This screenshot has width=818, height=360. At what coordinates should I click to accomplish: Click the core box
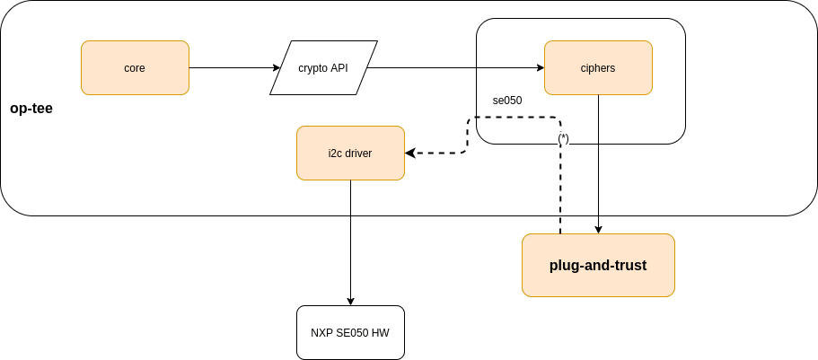pyautogui.click(x=135, y=67)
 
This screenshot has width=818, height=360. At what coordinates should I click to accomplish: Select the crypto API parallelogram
pyautogui.click(x=323, y=67)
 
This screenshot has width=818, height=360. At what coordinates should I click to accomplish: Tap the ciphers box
pyautogui.click(x=598, y=67)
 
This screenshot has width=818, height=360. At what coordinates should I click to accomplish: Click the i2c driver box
pyautogui.click(x=350, y=154)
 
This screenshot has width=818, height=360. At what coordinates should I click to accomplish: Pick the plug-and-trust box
pyautogui.click(x=598, y=266)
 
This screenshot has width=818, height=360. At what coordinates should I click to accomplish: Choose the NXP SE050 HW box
pyautogui.click(x=350, y=332)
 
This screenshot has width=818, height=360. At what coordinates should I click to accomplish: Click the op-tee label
pyautogui.click(x=31, y=109)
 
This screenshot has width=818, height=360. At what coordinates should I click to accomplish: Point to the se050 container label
pyautogui.click(x=507, y=101)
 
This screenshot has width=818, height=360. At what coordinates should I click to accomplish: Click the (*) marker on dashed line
pyautogui.click(x=563, y=138)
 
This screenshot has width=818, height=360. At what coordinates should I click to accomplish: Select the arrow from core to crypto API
pyautogui.click(x=233, y=67)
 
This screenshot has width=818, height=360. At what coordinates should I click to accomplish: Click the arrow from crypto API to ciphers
pyautogui.click(x=453, y=67)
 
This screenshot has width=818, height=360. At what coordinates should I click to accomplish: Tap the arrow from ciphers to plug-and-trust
pyautogui.click(x=599, y=162)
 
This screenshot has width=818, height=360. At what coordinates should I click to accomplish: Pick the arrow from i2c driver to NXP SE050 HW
pyautogui.click(x=350, y=242)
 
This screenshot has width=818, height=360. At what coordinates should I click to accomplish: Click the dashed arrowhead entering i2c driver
pyautogui.click(x=410, y=154)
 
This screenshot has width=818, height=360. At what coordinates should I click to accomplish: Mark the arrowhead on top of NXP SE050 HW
pyautogui.click(x=350, y=301)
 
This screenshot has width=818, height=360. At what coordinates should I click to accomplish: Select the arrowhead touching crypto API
pyautogui.click(x=276, y=67)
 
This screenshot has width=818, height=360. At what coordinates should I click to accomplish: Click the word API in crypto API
pyautogui.click(x=339, y=67)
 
